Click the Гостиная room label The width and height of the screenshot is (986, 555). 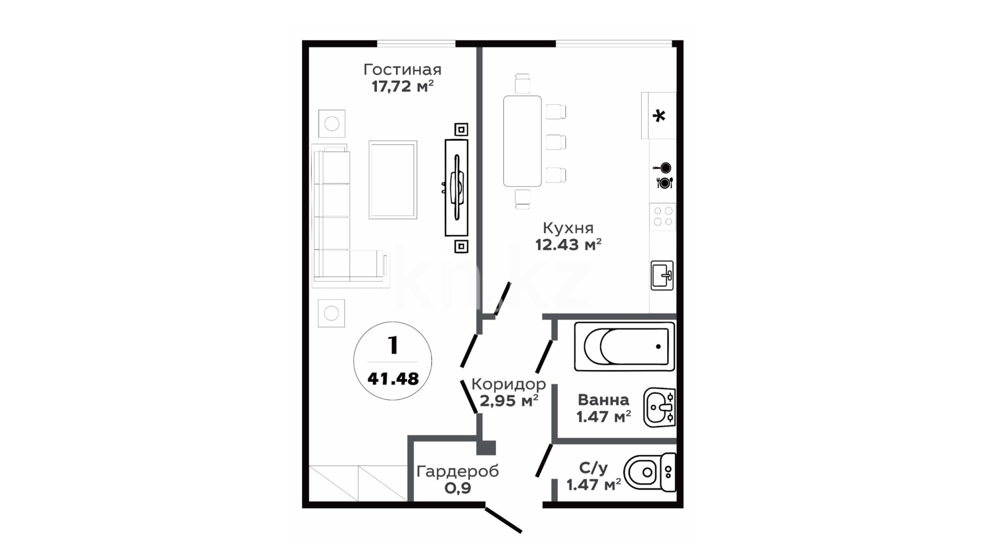pyautogui.click(x=402, y=69)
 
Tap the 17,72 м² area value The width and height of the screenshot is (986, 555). pyautogui.click(x=403, y=86)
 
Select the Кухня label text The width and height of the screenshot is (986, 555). pyautogui.click(x=568, y=228)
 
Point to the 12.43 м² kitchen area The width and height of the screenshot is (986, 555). pyautogui.click(x=568, y=245)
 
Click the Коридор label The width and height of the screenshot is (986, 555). pyautogui.click(x=508, y=384)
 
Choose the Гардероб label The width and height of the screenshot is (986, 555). pyautogui.click(x=458, y=471)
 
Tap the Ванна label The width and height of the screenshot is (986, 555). pyautogui.click(x=603, y=400)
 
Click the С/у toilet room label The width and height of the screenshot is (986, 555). pyautogui.click(x=594, y=468)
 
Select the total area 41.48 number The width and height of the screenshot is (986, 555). pyautogui.click(x=393, y=379)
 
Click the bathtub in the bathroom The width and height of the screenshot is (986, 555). pyautogui.click(x=624, y=346)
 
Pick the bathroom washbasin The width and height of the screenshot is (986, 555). pyautogui.click(x=659, y=408)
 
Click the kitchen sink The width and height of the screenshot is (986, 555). pyautogui.click(x=662, y=275)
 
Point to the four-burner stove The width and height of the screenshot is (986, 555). pyautogui.click(x=662, y=216)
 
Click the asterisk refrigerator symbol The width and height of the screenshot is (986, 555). pyautogui.click(x=659, y=116)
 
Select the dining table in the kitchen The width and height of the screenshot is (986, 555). pyautogui.click(x=522, y=141)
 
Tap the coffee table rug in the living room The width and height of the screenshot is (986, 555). pyautogui.click(x=393, y=180)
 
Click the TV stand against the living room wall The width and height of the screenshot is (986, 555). pyautogui.click(x=457, y=188)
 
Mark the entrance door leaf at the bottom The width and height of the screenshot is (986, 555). pyautogui.click(x=504, y=520)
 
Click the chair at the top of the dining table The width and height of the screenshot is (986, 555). pyautogui.click(x=522, y=84)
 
